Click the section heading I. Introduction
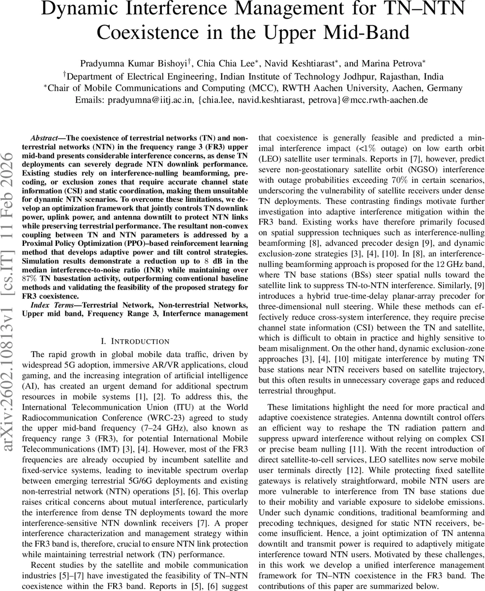coord(134,341)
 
